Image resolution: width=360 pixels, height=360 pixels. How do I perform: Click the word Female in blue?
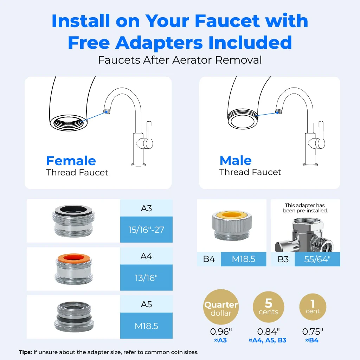click(x=71, y=161)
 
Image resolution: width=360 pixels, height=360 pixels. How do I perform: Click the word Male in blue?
click(x=236, y=161)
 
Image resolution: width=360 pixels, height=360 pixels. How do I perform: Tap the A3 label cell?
click(x=146, y=208)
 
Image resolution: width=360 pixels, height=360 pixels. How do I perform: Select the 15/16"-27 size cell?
click(x=146, y=230)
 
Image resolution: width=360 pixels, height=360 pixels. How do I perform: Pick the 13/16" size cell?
click(x=146, y=278)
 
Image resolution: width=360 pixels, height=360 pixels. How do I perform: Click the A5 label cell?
click(x=146, y=304)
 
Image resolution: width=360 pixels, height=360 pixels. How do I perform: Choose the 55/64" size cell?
click(x=317, y=260)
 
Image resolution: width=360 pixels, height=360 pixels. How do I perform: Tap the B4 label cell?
click(x=209, y=260)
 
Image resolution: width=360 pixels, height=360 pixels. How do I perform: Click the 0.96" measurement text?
click(x=221, y=332)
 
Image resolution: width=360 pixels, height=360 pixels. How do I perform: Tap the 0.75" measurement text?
click(x=313, y=332)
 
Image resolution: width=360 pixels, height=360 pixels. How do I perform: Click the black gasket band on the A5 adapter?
click(x=73, y=319)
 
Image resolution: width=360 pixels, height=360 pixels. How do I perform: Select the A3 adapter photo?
click(x=73, y=221)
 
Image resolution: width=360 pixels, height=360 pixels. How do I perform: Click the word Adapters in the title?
click(x=135, y=43)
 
